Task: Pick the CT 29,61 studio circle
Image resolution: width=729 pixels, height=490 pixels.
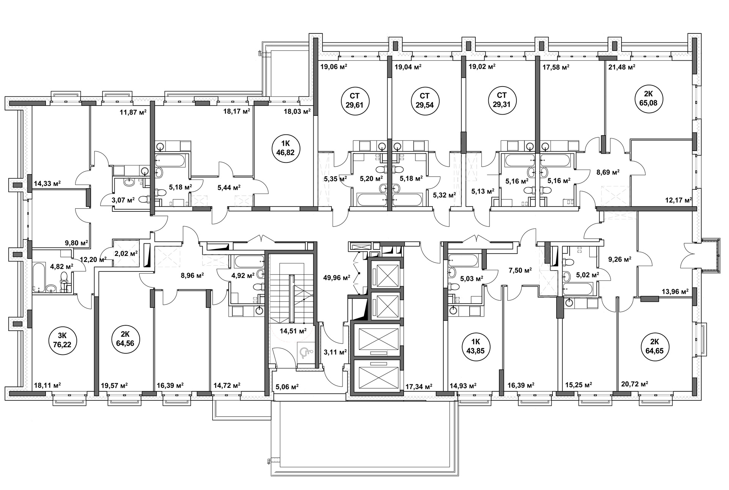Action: click(355, 101)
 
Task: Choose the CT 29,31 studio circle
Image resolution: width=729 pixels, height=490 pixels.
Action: click(502, 101)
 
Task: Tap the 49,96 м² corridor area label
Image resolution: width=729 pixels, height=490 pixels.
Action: click(336, 277)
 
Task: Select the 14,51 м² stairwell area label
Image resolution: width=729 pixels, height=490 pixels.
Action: click(293, 331)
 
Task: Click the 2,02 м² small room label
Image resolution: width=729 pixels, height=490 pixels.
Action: click(126, 253)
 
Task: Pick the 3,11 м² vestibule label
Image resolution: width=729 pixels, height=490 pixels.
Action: click(335, 352)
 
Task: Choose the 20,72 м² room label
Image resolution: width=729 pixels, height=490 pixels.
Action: click(634, 384)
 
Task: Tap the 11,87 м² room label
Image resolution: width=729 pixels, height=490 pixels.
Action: click(133, 112)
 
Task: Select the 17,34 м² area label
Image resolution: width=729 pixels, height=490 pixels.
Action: click(419, 387)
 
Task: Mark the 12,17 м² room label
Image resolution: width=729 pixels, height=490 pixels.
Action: click(679, 200)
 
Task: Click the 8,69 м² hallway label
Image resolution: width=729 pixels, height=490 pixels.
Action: click(607, 172)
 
